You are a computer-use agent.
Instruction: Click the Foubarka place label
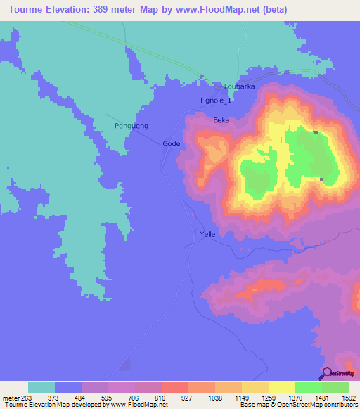pyautogui.click(x=239, y=86)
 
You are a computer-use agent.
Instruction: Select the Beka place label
pyautogui.click(x=221, y=120)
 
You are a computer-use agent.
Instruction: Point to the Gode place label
pyautogui.click(x=172, y=143)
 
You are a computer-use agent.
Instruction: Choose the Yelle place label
pyautogui.click(x=207, y=234)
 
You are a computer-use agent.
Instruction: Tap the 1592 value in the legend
pyautogui.click(x=348, y=398)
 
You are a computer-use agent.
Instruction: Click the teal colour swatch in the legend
pyautogui.click(x=41, y=387)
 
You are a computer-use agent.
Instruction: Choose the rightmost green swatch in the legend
pyautogui.click(x=335, y=387)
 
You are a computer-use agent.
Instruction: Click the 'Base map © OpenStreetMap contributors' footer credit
pyautogui.click(x=298, y=405)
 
